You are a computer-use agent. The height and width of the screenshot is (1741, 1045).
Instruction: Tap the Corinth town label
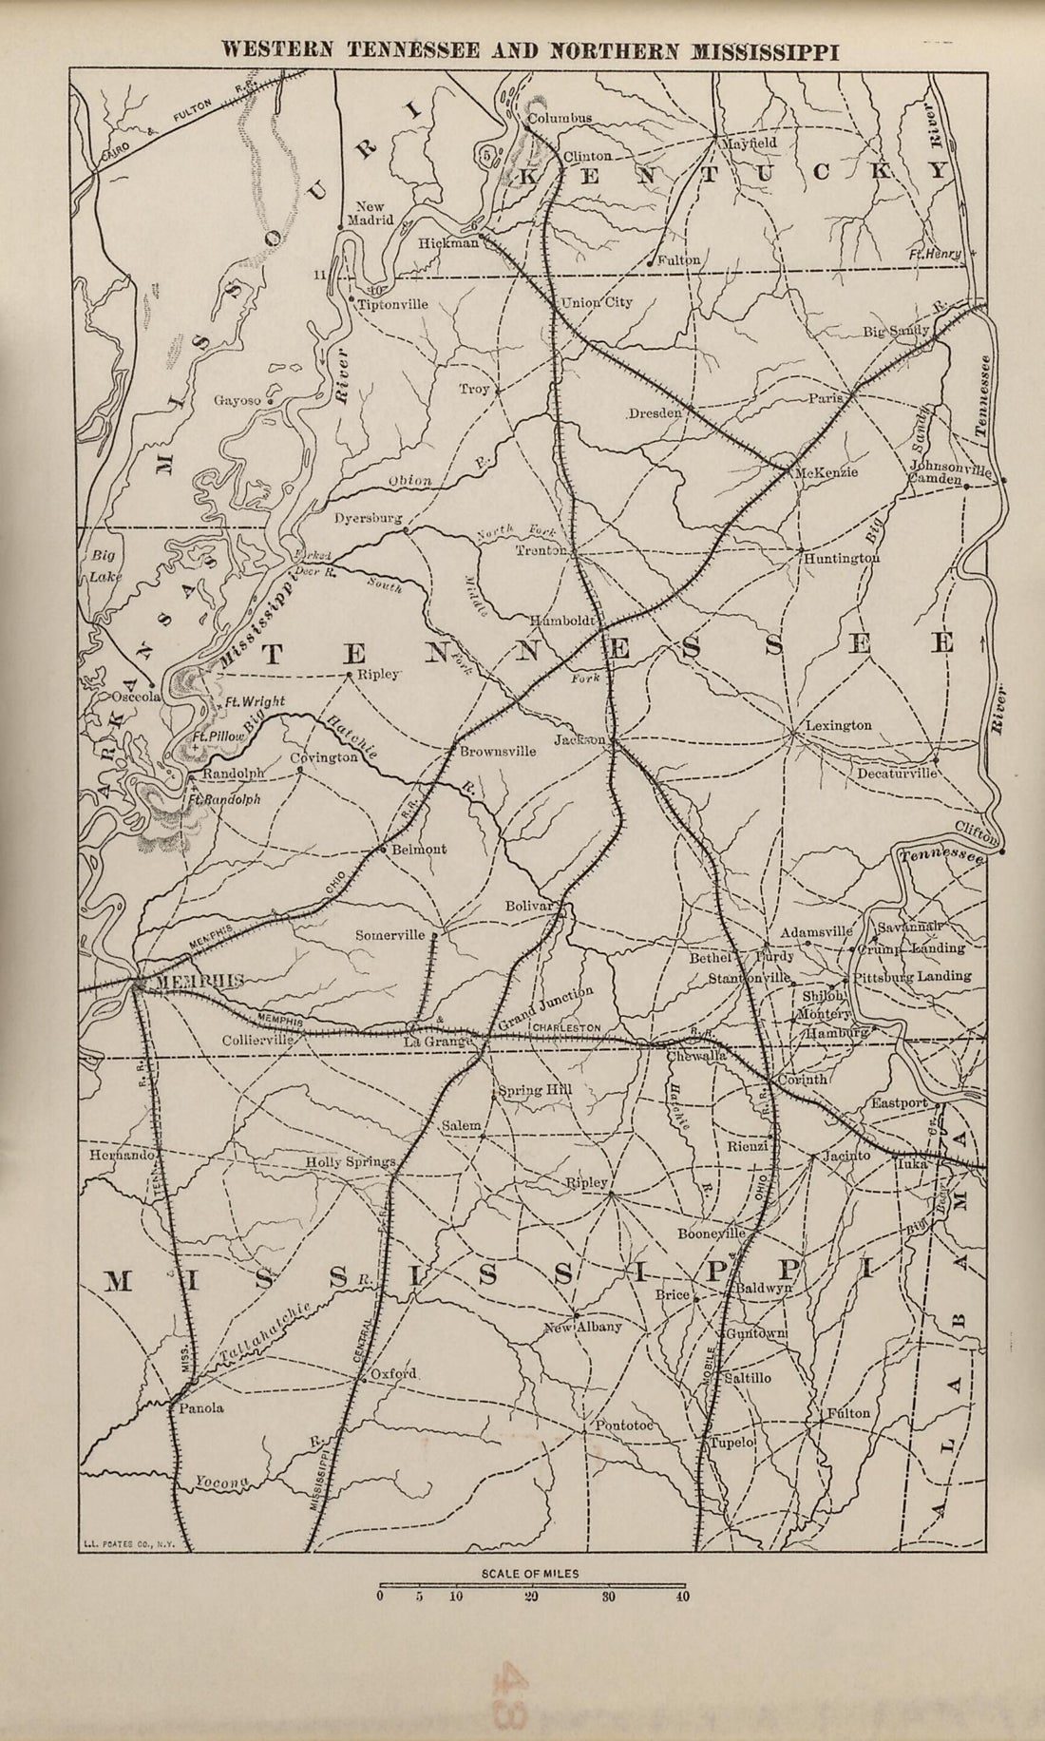(804, 1081)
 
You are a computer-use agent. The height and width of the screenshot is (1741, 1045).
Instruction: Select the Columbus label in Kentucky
(560, 118)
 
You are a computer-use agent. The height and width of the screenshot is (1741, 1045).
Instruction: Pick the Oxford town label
(394, 1373)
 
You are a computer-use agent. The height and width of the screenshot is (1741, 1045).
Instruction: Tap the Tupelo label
(732, 1442)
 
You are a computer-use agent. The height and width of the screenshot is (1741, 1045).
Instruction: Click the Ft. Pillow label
(214, 736)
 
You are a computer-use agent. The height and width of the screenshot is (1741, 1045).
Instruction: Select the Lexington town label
(838, 725)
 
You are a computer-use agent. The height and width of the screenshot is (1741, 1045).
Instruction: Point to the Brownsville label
(498, 751)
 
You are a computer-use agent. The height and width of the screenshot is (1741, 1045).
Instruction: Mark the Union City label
(598, 303)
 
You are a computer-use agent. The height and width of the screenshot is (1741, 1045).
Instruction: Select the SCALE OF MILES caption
(530, 1573)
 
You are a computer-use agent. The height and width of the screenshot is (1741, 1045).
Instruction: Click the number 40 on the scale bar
(682, 1597)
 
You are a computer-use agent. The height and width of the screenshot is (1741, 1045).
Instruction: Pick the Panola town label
(198, 1408)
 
